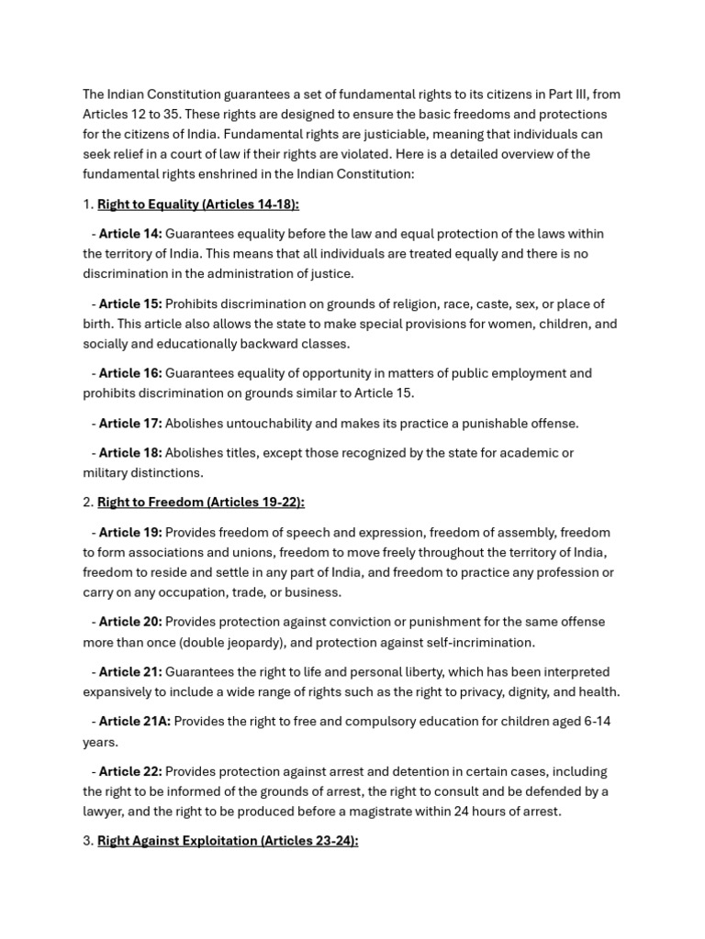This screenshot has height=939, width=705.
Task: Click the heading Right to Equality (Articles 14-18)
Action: [x=197, y=204]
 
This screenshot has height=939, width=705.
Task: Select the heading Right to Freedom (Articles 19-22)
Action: [x=200, y=502]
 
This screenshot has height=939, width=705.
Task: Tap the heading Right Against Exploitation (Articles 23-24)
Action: [x=227, y=840]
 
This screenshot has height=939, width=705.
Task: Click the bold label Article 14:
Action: [x=130, y=234]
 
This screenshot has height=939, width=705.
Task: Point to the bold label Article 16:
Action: [x=130, y=373]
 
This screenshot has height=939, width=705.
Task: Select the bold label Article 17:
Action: [x=130, y=424]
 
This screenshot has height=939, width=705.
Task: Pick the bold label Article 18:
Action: [x=130, y=453]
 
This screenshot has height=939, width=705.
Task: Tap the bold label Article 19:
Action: [x=130, y=533]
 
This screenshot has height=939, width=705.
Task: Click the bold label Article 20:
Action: [x=130, y=622]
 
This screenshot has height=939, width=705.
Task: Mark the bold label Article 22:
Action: [x=130, y=772]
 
